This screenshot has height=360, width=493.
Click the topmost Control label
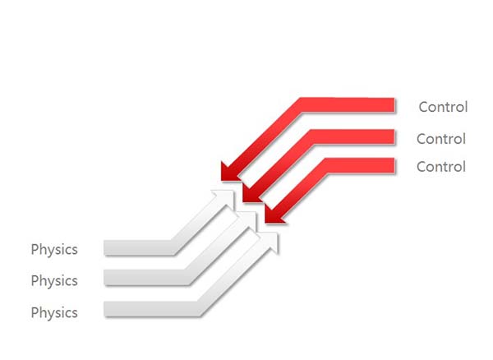pyautogui.click(x=443, y=107)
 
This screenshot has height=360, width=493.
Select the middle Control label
pyautogui.click(x=441, y=139)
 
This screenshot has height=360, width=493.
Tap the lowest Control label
pyautogui.click(x=441, y=167)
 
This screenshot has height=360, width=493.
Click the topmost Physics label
pyautogui.click(x=54, y=250)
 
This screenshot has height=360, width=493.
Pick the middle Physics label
pyautogui.click(x=54, y=281)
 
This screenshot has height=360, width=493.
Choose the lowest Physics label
pyautogui.click(x=54, y=313)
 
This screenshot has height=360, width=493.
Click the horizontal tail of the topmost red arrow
pyautogui.click(x=348, y=105)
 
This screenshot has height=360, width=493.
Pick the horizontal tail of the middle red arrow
pyautogui.click(x=352, y=137)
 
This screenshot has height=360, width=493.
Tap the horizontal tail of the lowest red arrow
pyautogui.click(x=360, y=165)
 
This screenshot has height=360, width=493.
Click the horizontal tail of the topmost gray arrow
pyautogui.click(x=138, y=247)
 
